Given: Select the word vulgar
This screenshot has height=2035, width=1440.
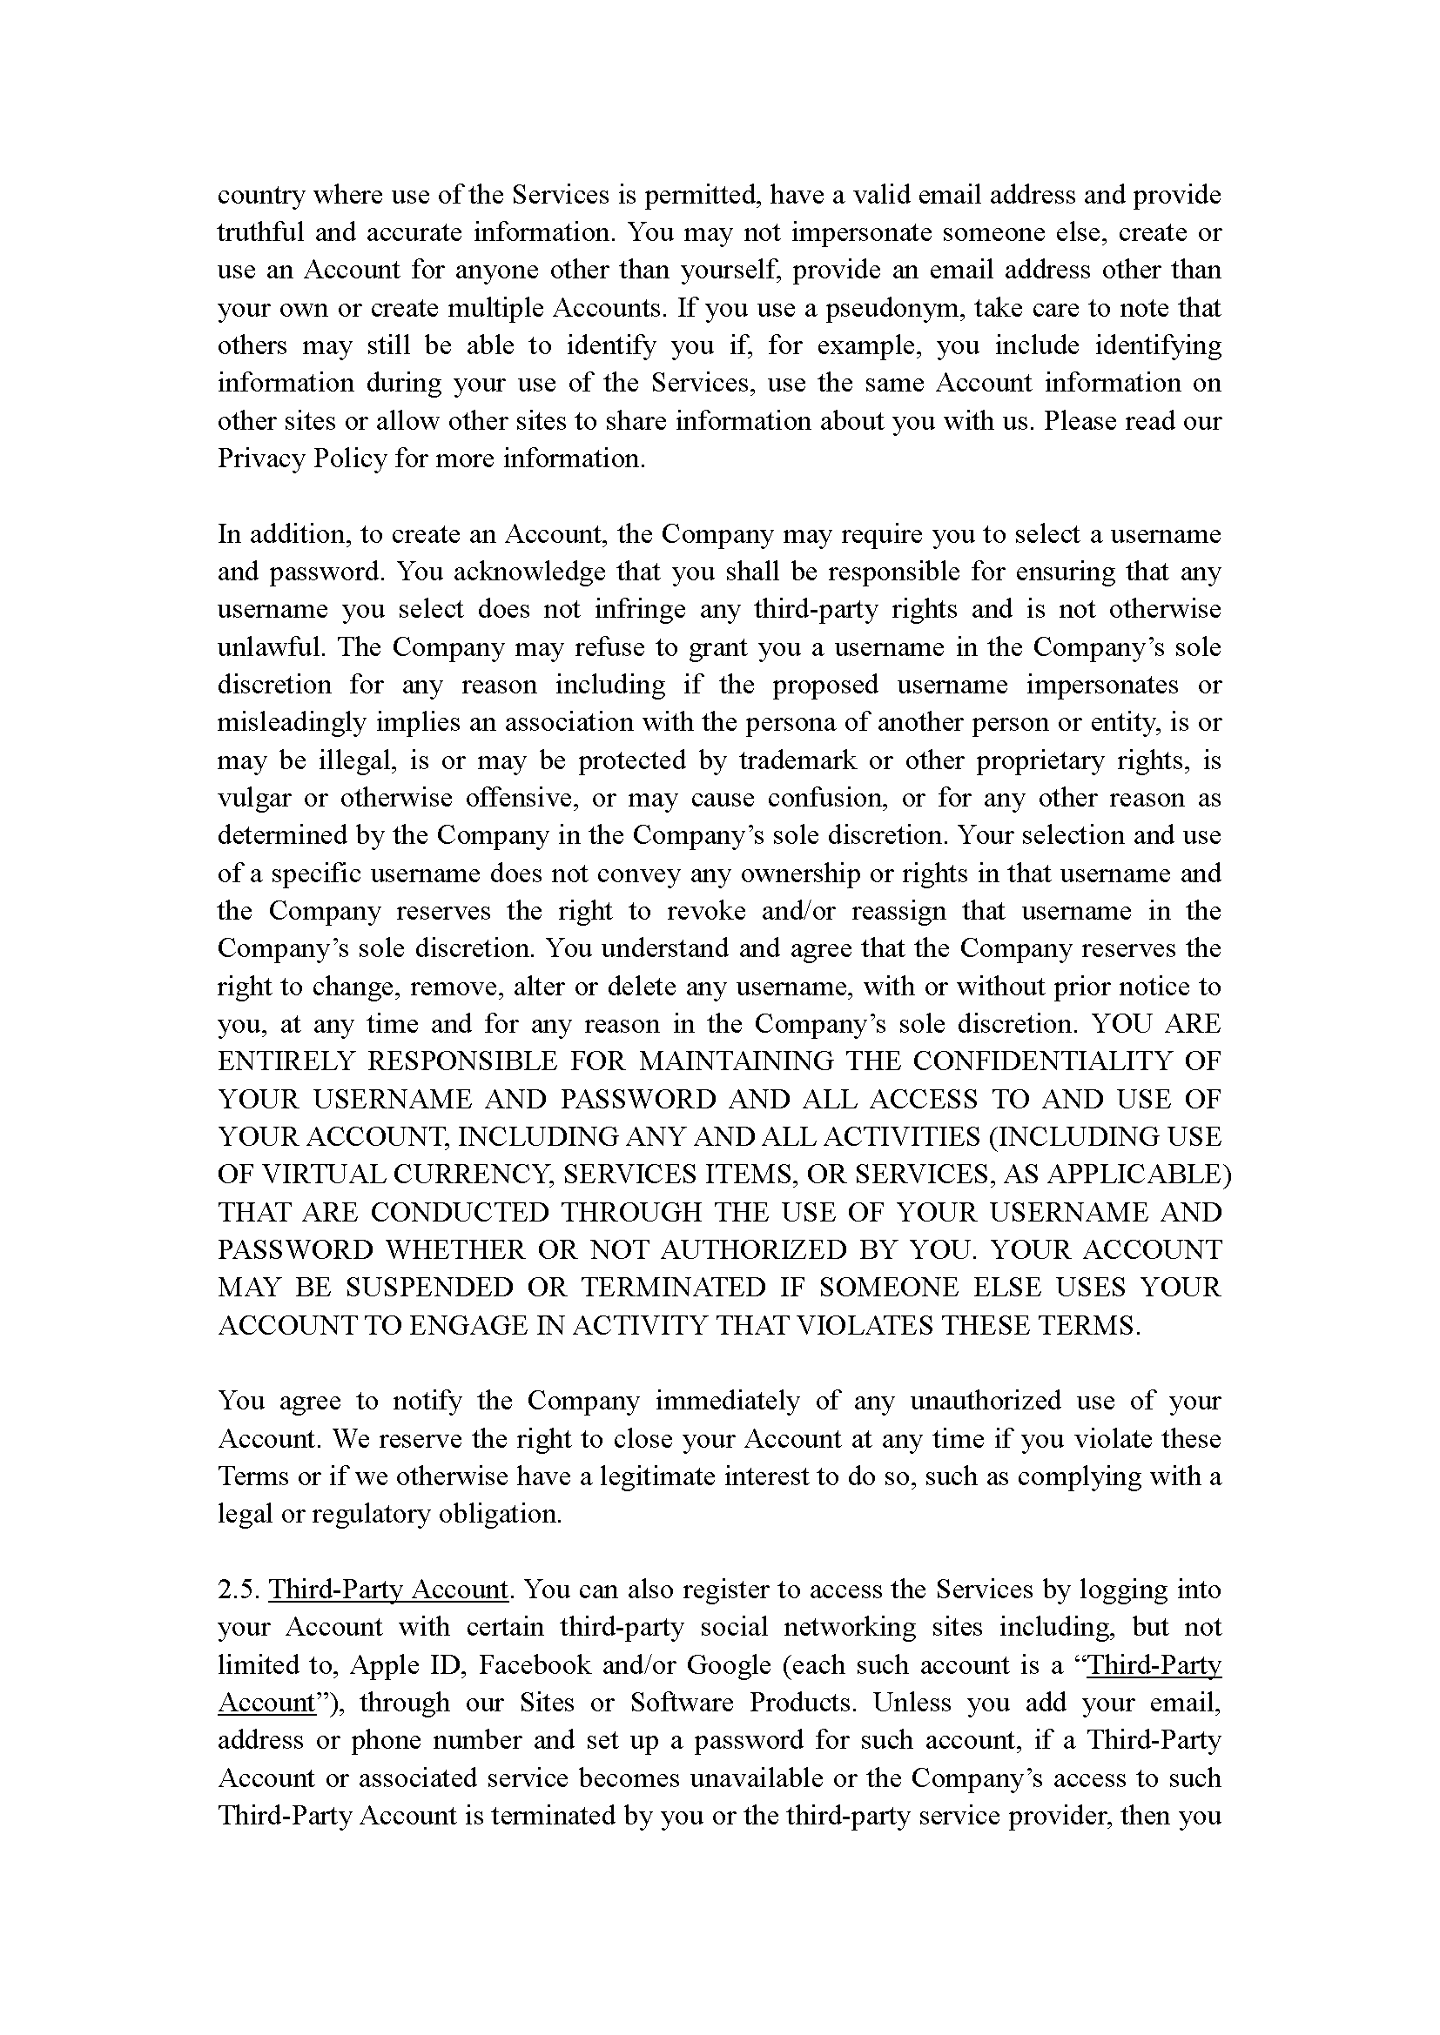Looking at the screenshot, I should tap(253, 798).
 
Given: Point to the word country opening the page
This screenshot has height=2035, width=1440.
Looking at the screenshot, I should tap(259, 195).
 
